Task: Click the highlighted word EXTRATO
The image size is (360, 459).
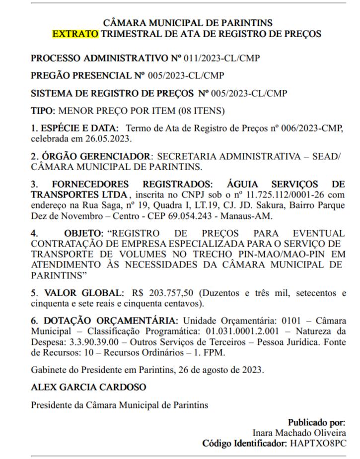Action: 75,34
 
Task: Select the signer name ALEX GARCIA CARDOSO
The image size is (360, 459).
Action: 88,387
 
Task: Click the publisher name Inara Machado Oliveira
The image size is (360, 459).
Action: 299,433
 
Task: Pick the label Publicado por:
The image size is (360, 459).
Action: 316,423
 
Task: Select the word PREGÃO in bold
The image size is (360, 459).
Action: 51,75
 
